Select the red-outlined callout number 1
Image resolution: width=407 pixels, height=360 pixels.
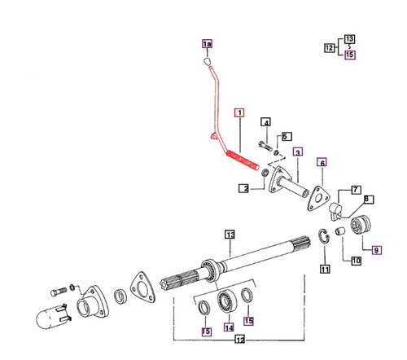coord(239,113)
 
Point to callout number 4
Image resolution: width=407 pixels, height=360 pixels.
coord(265,123)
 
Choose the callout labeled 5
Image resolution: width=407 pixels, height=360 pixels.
coord(286,136)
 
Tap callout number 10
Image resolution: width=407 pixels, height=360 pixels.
coord(377,250)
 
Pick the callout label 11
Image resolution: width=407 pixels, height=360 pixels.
coord(355,261)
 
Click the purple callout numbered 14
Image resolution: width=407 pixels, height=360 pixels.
coord(325,269)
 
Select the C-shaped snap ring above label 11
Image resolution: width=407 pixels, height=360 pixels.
coord(324,238)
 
